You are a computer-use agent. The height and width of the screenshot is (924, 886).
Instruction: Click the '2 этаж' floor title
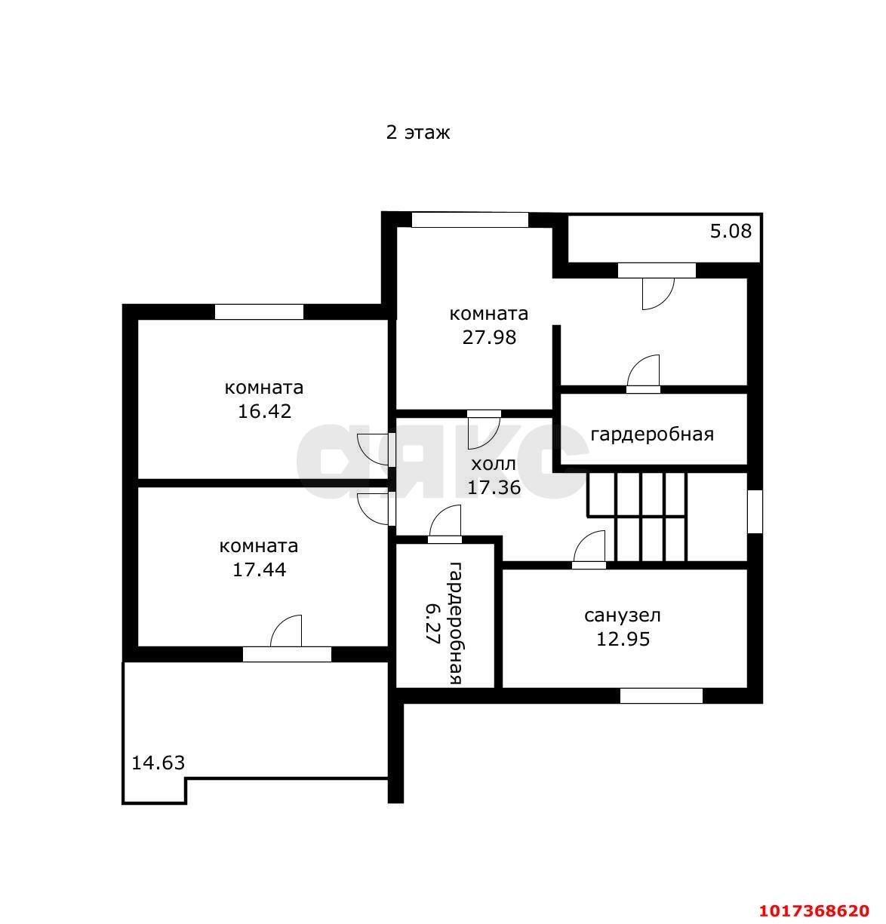click(417, 132)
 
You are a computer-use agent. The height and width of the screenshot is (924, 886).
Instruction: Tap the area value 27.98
click(489, 337)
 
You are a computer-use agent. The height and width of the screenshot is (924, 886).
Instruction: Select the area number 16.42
click(264, 411)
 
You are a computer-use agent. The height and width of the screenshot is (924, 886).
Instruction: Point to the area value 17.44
click(259, 569)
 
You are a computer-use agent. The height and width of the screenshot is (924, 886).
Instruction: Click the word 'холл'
click(493, 464)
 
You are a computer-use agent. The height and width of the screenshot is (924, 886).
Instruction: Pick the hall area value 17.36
click(494, 487)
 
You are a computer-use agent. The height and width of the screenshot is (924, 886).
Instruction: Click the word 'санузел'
click(623, 615)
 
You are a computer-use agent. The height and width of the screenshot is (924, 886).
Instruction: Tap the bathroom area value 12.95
click(623, 639)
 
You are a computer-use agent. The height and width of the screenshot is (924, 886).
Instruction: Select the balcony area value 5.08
click(731, 232)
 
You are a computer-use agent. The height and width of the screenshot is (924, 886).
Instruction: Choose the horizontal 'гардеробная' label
click(652, 434)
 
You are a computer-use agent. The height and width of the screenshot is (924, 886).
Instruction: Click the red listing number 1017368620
click(814, 910)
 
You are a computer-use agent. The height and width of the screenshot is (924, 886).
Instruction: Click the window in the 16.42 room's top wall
click(259, 312)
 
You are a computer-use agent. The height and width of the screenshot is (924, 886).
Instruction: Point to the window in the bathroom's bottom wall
click(661, 695)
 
